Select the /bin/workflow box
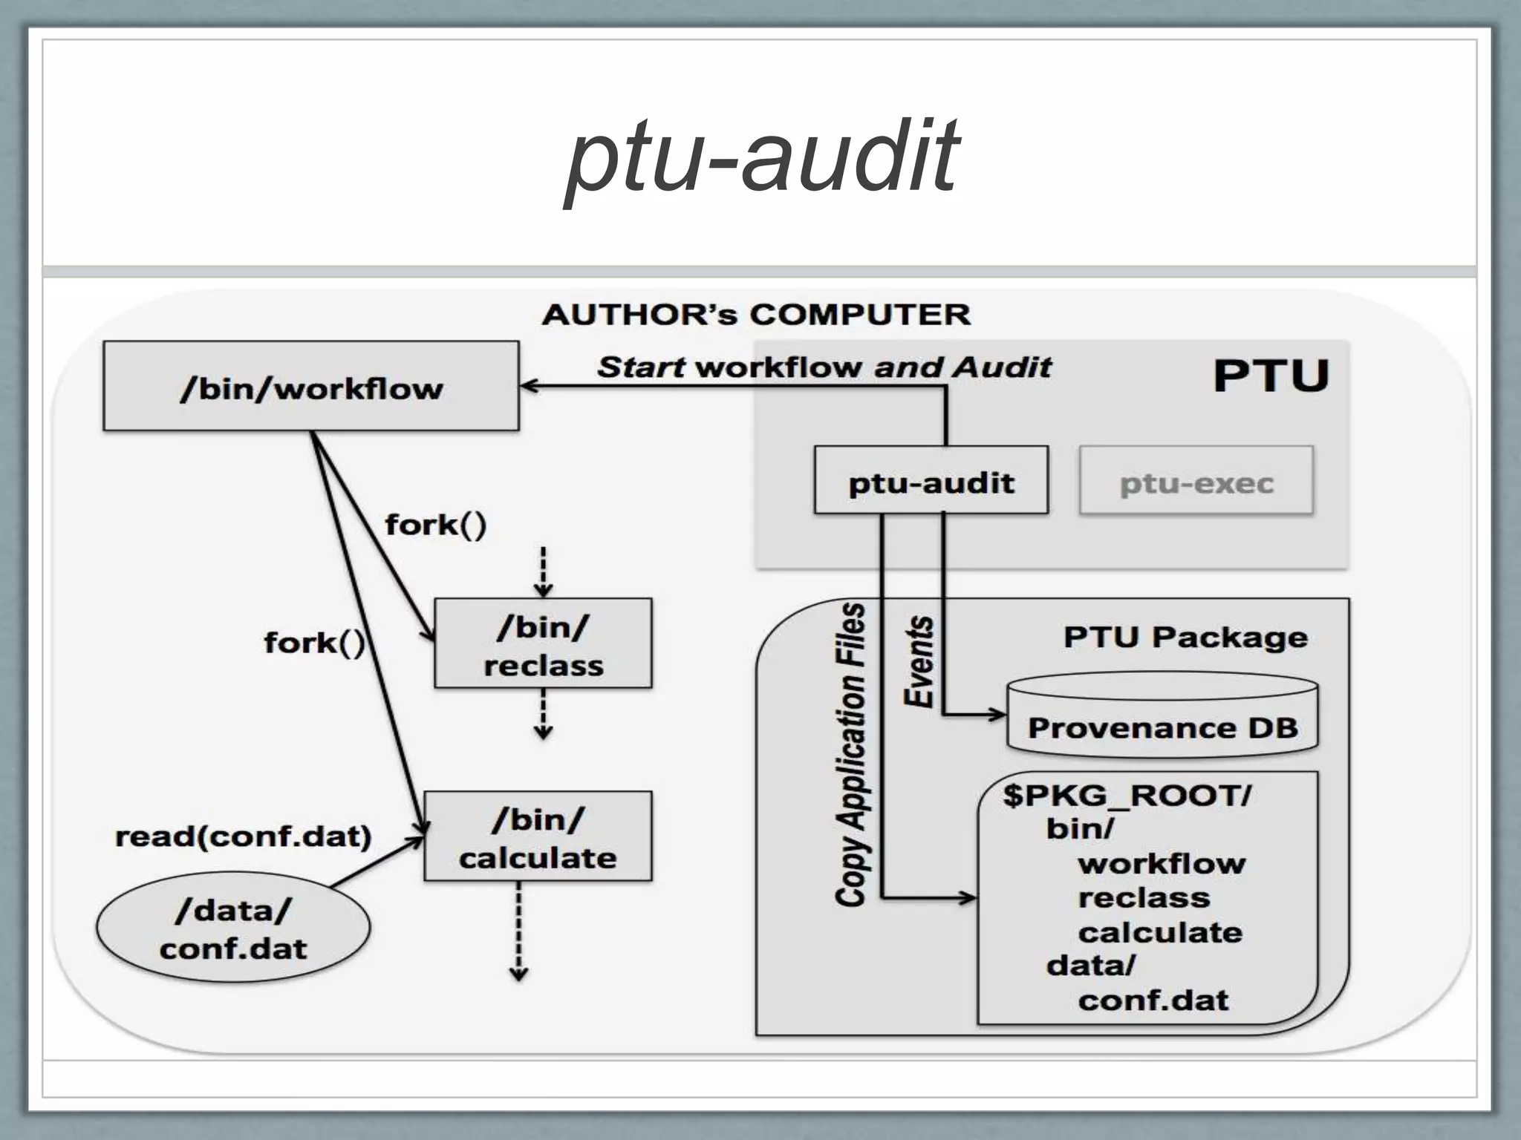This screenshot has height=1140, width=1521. pos(310,387)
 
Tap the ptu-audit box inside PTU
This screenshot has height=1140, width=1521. pos(931,481)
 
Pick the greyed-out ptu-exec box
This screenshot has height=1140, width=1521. pos(1196,481)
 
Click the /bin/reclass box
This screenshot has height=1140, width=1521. pos(543,643)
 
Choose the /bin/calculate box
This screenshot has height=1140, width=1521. pos(538,836)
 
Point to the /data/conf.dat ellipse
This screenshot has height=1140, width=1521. pos(232,928)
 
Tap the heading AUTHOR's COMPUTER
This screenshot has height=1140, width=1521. pos(756,315)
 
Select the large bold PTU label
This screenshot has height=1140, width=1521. pos(1271,376)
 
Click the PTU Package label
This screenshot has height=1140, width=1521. pos(1185,637)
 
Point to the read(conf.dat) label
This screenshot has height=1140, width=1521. pos(243,836)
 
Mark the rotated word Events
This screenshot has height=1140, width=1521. pos(919,661)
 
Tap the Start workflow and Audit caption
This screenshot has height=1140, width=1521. pos(824,367)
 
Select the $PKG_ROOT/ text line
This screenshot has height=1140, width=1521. pos(1127,796)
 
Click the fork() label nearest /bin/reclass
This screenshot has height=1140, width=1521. pos(435,525)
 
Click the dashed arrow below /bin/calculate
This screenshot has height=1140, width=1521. pos(518,931)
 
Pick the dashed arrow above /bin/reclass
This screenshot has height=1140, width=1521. pos(543,571)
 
